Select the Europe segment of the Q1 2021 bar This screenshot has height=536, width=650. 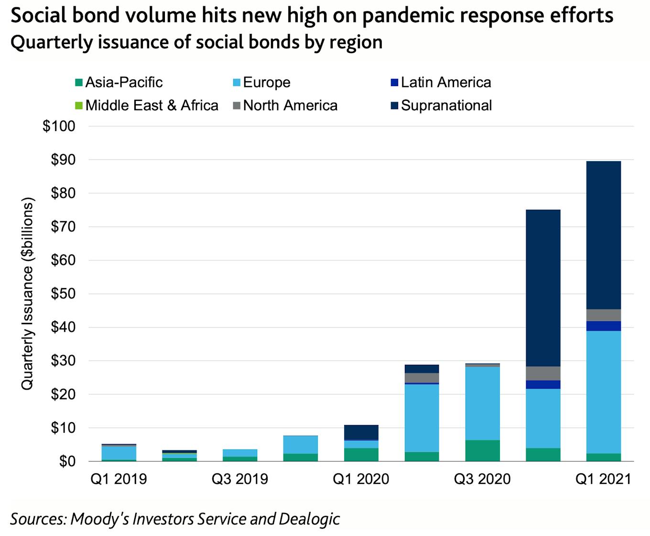[603, 392]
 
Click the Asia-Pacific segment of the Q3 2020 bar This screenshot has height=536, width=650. [482, 451]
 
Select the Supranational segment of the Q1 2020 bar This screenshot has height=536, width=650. [361, 432]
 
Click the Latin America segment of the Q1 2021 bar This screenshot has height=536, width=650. [603, 326]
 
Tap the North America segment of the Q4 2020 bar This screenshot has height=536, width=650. [543, 373]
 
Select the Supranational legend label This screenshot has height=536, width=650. [446, 105]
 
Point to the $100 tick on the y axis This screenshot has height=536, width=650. [59, 126]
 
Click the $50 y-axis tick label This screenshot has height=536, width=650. [63, 294]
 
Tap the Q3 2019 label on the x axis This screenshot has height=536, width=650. [239, 479]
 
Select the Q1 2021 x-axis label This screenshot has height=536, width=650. [603, 479]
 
